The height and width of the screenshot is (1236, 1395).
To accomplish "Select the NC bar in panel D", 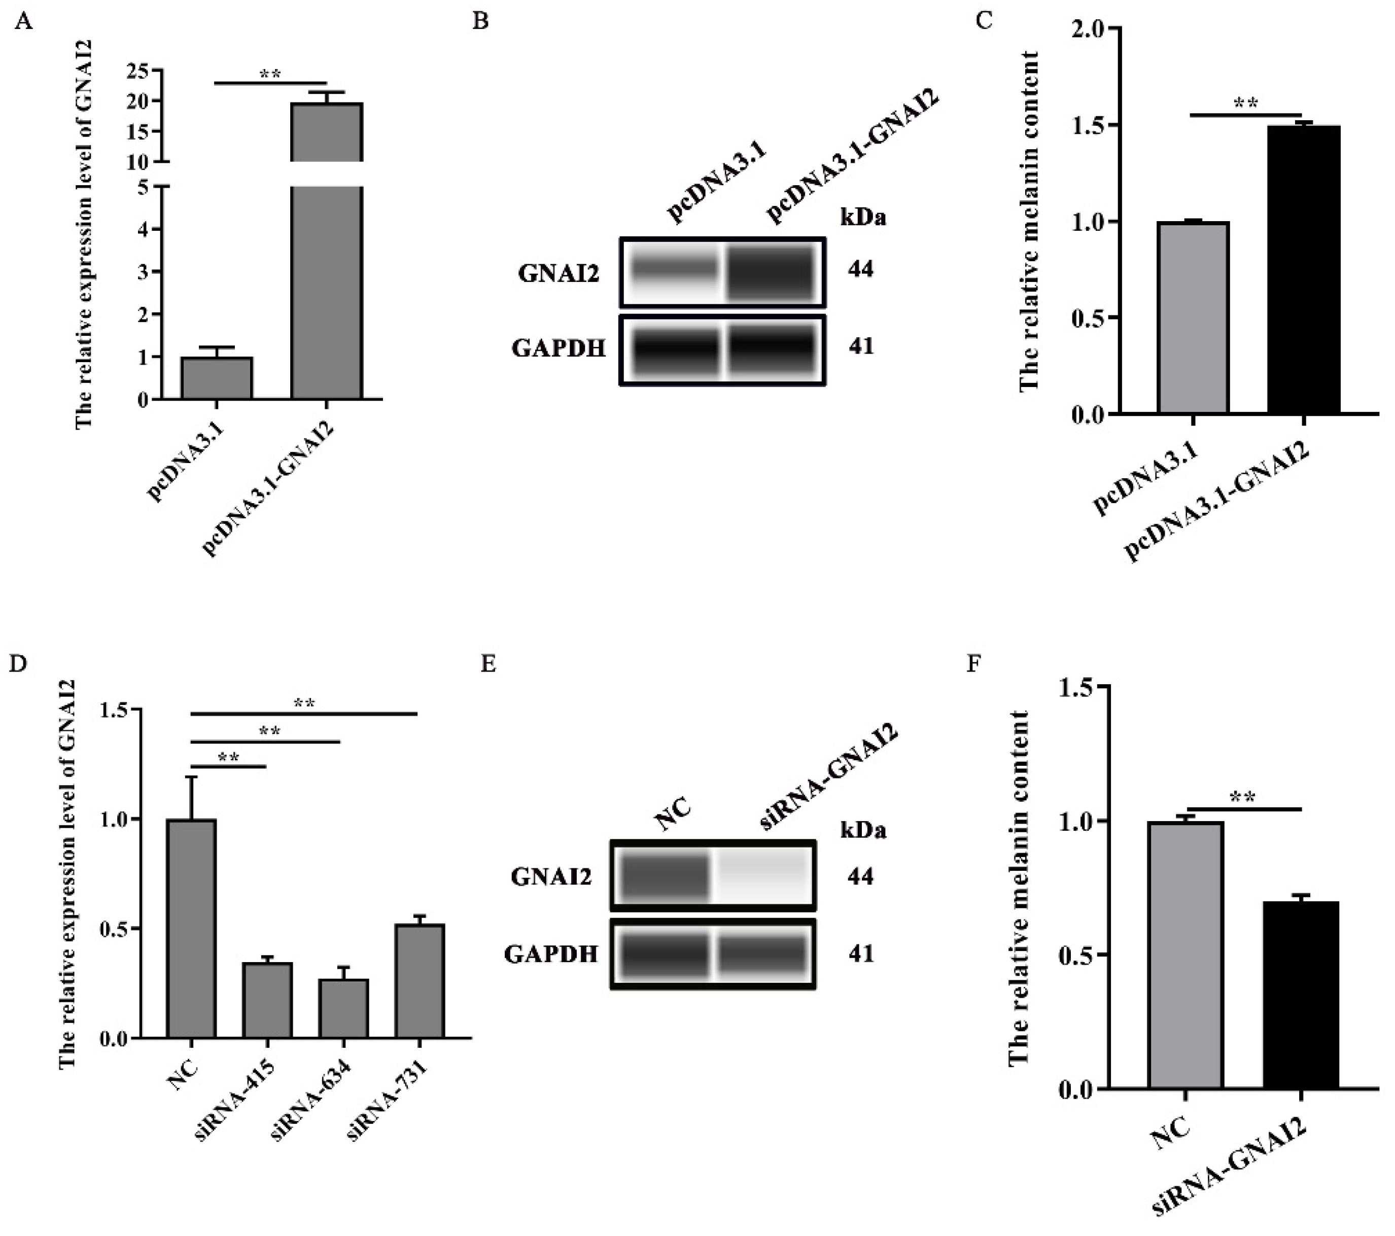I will tap(192, 928).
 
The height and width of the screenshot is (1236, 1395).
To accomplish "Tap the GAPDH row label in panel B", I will tap(559, 349).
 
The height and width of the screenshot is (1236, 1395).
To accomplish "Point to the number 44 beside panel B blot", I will tap(861, 270).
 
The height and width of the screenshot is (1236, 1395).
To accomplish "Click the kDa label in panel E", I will tap(863, 831).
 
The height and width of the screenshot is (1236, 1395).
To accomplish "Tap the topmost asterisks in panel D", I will tap(304, 703).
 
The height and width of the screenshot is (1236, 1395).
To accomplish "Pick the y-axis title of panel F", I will tap(1018, 887).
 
